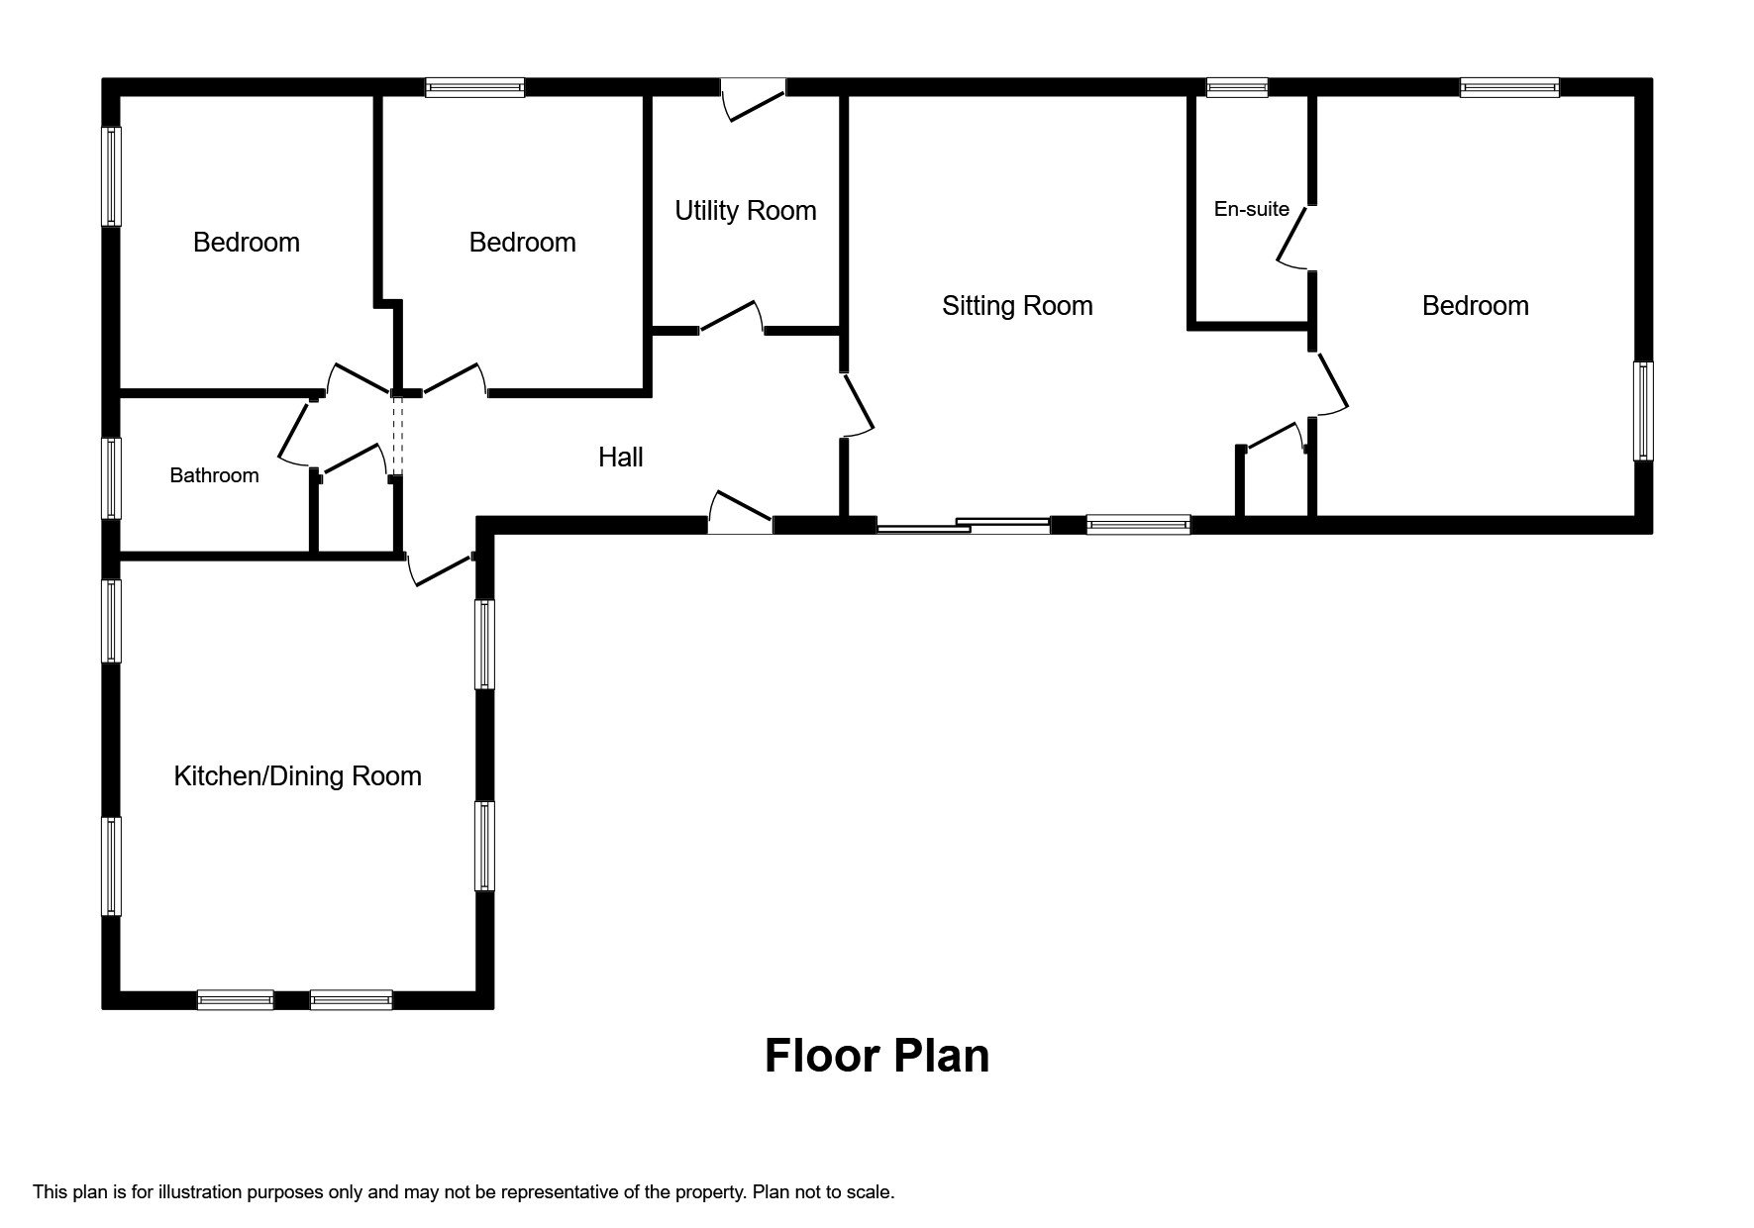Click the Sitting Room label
pyautogui.click(x=1017, y=306)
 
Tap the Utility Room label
pyautogui.click(x=746, y=211)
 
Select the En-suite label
pyautogui.click(x=1252, y=209)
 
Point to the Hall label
pyautogui.click(x=621, y=457)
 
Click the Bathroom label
pyautogui.click(x=214, y=475)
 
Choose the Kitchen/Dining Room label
pyautogui.click(x=298, y=776)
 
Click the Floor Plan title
pyautogui.click(x=877, y=1056)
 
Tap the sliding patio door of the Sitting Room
pyautogui.click(x=963, y=525)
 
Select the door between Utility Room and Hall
pyautogui.click(x=732, y=318)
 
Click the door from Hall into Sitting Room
pyautogui.click(x=858, y=404)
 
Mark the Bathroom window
pyautogui.click(x=112, y=478)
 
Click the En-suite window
pyautogui.click(x=1237, y=88)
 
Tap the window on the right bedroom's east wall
pyautogui.click(x=1643, y=411)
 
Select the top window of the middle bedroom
pyautogui.click(x=474, y=88)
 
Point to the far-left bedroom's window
pyautogui.click(x=112, y=176)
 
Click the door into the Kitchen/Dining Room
pyautogui.click(x=442, y=568)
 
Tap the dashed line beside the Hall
pyautogui.click(x=398, y=437)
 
